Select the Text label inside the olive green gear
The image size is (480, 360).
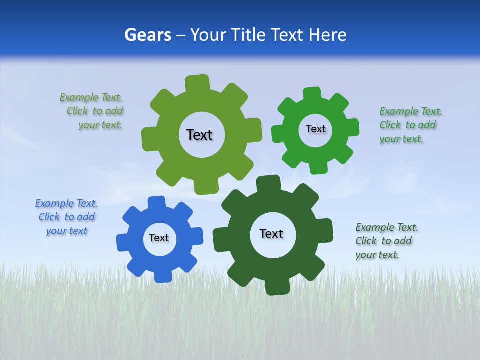199,135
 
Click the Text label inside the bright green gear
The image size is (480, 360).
315,129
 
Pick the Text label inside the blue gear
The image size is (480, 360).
159,238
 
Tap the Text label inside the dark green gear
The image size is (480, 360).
271,233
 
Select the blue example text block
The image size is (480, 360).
66,217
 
